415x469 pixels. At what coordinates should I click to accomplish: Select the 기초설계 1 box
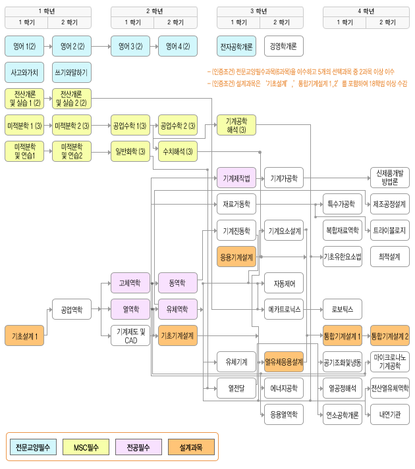pyautogui.click(x=24, y=335)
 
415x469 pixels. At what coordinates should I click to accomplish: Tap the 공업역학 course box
pyautogui.click(x=72, y=309)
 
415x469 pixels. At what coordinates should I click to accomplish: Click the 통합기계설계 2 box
pyautogui.click(x=389, y=335)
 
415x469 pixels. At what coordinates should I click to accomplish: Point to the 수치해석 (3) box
pyautogui.click(x=178, y=151)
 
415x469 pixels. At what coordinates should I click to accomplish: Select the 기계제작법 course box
pyautogui.click(x=236, y=178)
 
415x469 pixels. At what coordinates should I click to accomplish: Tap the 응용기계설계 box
pyautogui.click(x=236, y=257)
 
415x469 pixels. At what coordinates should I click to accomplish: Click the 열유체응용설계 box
pyautogui.click(x=284, y=361)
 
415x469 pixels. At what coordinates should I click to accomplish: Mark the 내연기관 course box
pyautogui.click(x=389, y=414)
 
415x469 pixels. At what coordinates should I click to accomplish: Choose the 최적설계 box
pyautogui.click(x=389, y=257)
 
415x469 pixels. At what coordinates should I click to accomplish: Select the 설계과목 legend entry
pyautogui.click(x=191, y=447)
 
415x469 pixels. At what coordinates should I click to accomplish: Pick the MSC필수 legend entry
pyautogui.click(x=86, y=447)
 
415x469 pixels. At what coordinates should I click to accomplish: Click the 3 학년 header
pyautogui.click(x=260, y=11)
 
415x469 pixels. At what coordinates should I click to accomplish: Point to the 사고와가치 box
pyautogui.click(x=24, y=72)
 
